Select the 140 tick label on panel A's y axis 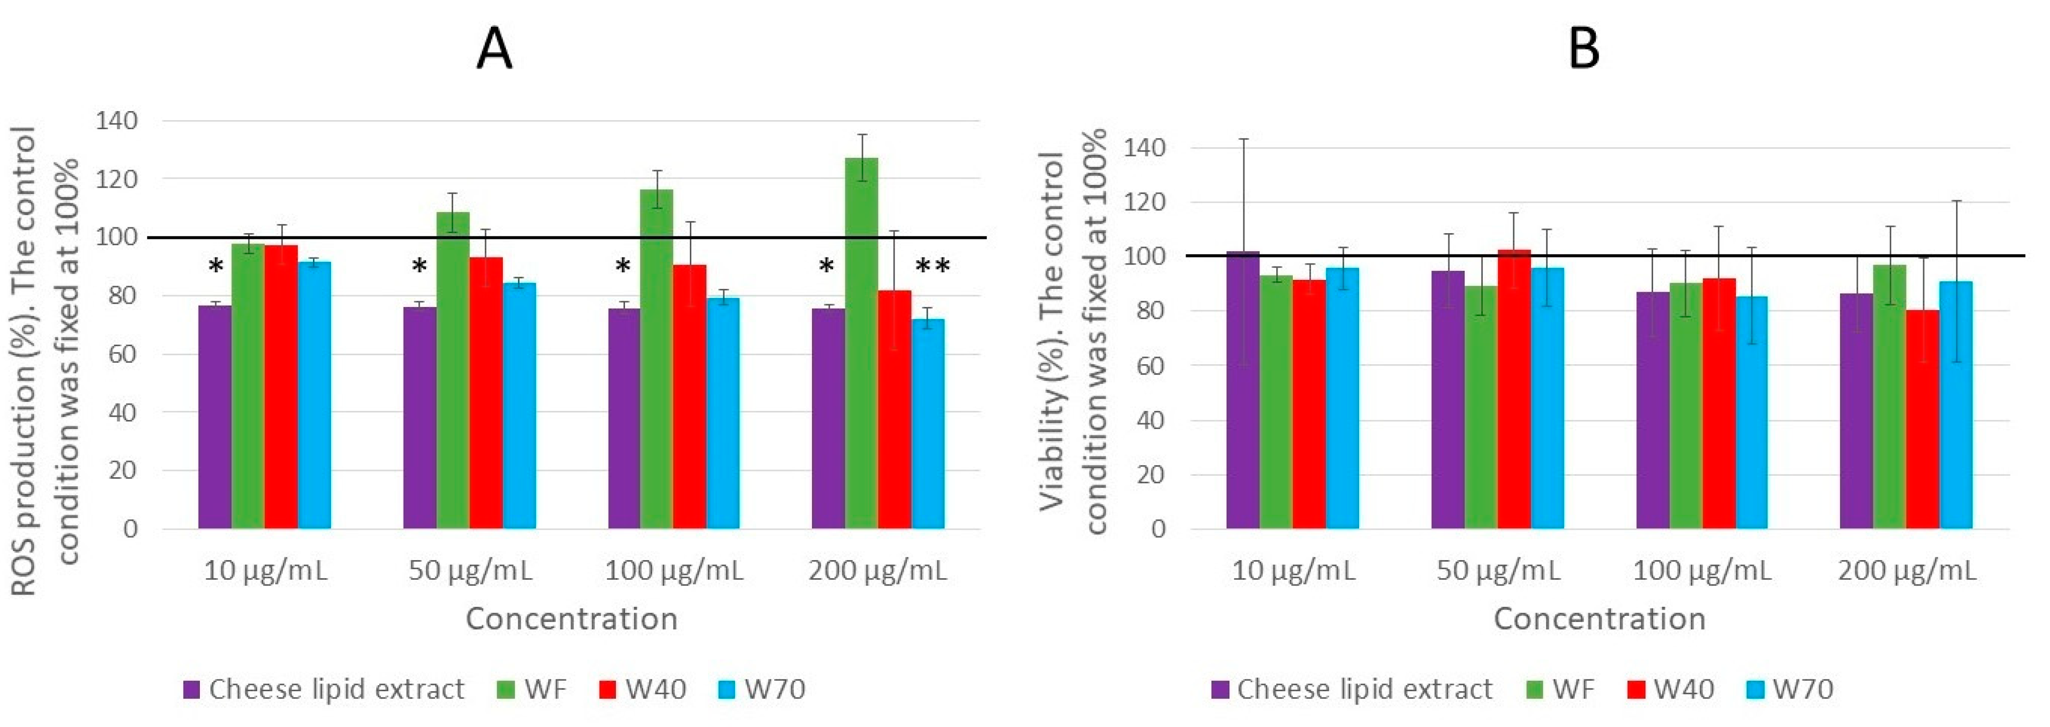(116, 121)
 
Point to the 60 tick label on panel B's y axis (1147, 366)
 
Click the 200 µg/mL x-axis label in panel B (1907, 570)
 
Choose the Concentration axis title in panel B (1600, 618)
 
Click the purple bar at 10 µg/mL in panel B (1242, 390)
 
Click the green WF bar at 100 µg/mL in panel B (1686, 406)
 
